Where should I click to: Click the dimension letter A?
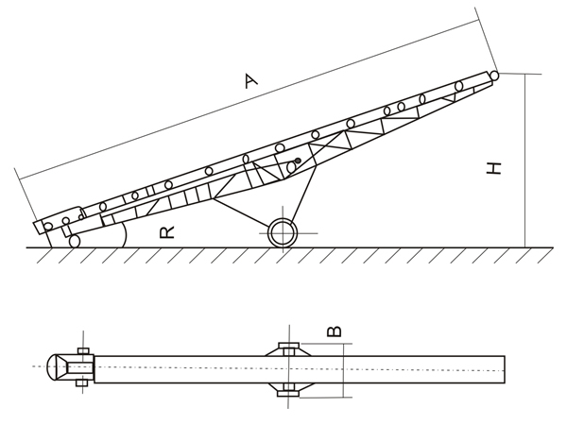point(250,80)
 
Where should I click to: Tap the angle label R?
point(167,231)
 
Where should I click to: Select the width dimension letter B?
point(334,331)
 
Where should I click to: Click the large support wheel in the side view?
point(283,233)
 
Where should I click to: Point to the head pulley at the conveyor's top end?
point(493,76)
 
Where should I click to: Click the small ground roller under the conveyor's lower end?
point(75,242)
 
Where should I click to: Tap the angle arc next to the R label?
point(124,233)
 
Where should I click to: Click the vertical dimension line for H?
point(525,161)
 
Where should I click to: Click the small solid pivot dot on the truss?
point(298,161)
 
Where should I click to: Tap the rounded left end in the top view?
point(55,366)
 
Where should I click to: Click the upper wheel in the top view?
point(288,346)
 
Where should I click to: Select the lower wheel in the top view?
point(288,391)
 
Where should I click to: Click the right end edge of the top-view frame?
point(504,369)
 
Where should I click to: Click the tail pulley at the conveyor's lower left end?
point(47,227)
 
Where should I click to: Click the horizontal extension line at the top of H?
point(520,74)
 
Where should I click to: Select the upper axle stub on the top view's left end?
point(83,351)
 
